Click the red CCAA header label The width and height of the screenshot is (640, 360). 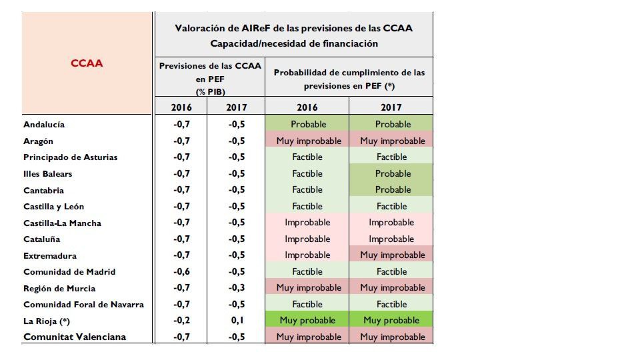click(87, 63)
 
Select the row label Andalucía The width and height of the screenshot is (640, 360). click(44, 125)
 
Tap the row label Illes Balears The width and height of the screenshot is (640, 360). click(48, 174)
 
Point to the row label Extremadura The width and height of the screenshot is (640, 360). click(50, 256)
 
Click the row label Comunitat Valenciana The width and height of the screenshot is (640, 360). click(75, 337)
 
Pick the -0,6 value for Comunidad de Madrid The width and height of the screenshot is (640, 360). click(181, 272)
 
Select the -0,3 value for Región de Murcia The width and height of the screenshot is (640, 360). click(237, 288)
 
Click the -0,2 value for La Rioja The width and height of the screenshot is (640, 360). click(181, 321)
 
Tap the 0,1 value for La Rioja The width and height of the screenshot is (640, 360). click(237, 321)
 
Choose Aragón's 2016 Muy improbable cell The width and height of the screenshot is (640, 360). click(307, 141)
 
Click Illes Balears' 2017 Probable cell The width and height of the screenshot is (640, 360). click(391, 173)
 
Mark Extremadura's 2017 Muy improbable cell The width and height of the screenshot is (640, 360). click(391, 255)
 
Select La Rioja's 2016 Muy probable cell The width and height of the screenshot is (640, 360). click(307, 321)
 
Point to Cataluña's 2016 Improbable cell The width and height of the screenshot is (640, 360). click(307, 239)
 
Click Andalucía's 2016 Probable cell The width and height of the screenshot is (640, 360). click(307, 124)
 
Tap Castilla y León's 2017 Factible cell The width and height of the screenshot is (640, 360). click(391, 206)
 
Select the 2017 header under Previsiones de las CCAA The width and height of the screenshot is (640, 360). click(237, 107)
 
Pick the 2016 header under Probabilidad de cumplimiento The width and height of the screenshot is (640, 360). click(307, 107)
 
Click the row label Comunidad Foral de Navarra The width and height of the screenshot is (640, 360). click(84, 305)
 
